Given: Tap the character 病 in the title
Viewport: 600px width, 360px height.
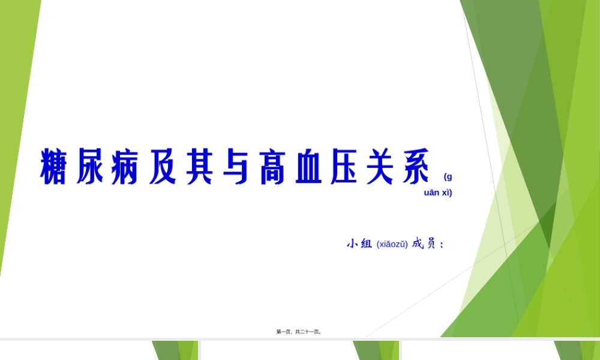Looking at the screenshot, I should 125,166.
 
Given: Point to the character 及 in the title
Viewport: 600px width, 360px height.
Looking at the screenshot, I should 162,166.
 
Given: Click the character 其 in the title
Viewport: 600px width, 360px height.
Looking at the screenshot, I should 199,166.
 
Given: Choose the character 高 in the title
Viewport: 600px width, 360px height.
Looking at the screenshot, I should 272,166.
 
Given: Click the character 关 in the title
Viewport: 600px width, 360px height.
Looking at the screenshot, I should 380,166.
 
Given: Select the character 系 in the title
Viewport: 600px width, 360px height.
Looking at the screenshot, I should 416,166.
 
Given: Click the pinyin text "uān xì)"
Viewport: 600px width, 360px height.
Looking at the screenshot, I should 438,193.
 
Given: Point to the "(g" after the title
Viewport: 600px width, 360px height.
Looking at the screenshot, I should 448,176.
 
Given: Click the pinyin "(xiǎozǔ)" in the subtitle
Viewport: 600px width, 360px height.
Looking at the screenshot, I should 392,244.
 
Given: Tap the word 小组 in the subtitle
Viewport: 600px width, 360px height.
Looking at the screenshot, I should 359,244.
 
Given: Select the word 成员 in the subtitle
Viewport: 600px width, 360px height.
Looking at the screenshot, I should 424,244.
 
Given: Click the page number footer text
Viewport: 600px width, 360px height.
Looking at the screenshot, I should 299,331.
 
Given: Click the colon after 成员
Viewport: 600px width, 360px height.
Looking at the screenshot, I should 442,245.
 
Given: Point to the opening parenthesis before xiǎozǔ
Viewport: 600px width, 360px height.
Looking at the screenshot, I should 378,244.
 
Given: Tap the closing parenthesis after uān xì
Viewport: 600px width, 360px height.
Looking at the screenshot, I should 451,193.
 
